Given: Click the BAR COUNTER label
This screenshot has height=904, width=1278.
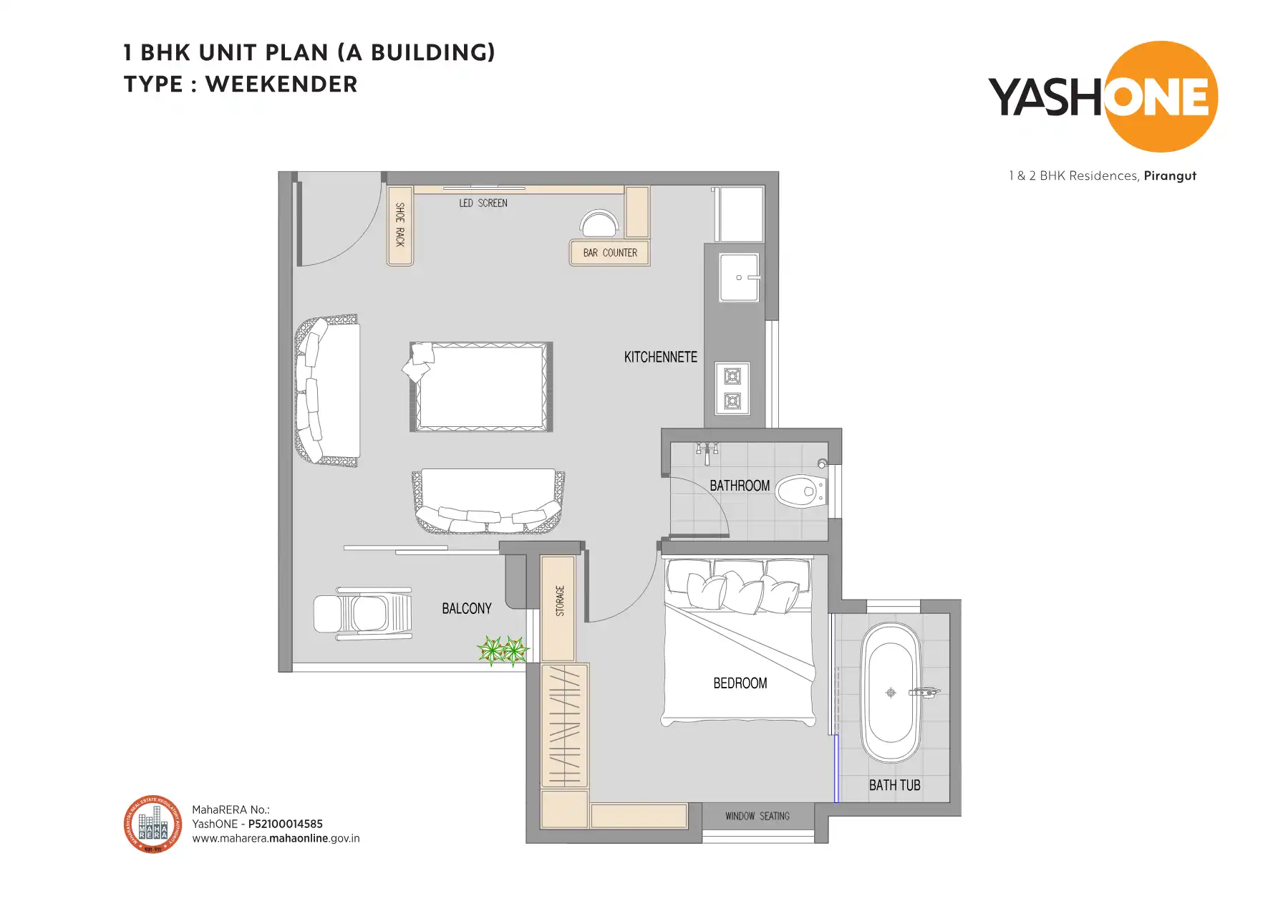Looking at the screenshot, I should [x=609, y=253].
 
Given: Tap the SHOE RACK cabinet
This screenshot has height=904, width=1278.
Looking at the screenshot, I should [x=400, y=225].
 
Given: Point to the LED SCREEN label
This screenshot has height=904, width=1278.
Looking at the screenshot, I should [x=483, y=203].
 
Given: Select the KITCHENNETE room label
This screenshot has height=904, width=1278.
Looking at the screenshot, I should [x=660, y=357].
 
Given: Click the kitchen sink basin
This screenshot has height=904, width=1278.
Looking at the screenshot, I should [x=738, y=277].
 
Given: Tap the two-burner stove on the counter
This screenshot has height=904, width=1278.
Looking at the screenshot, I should [x=732, y=389].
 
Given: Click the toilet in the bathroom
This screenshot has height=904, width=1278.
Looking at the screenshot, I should [x=800, y=491].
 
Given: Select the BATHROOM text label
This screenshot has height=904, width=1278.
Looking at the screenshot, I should [x=740, y=486].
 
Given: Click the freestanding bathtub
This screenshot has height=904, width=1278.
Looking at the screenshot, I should [x=891, y=692].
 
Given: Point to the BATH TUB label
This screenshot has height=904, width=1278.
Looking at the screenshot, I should [x=894, y=785].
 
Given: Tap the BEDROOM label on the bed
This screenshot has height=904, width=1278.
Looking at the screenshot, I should [x=740, y=683].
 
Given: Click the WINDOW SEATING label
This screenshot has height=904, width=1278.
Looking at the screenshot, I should [x=757, y=816].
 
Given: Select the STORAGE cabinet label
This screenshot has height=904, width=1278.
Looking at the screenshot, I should [x=559, y=601].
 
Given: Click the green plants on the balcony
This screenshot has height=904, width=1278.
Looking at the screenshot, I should [x=503, y=651].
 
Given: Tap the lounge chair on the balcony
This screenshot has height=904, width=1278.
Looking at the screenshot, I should [x=363, y=614].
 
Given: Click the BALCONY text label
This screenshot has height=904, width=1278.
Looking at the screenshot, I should [x=466, y=608].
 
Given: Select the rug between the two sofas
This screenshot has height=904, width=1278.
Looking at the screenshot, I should [x=481, y=387].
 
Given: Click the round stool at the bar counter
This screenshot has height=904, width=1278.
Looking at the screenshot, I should [x=599, y=223].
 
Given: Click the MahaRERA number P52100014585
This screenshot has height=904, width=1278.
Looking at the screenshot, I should [x=285, y=824].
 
